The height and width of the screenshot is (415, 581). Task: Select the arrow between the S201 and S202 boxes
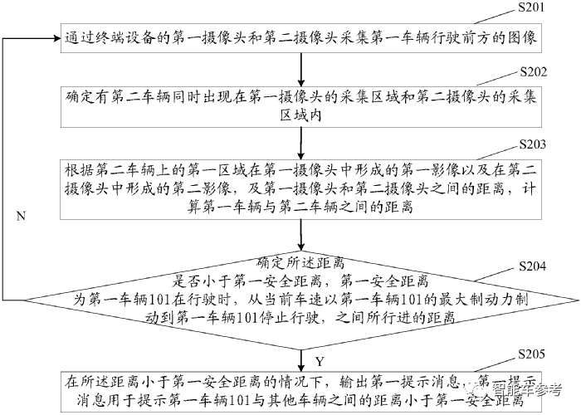pos(296,66)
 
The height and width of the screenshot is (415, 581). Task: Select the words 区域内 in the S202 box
pos(296,117)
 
